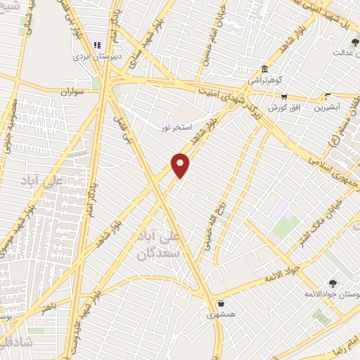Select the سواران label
tap(72, 91)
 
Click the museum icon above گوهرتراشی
tap(264, 70)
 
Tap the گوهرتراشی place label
tap(265, 80)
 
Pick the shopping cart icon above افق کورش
tap(283, 98)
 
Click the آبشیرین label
tap(328, 108)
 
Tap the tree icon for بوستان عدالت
tap(354, 43)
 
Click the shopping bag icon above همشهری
tap(221, 304)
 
